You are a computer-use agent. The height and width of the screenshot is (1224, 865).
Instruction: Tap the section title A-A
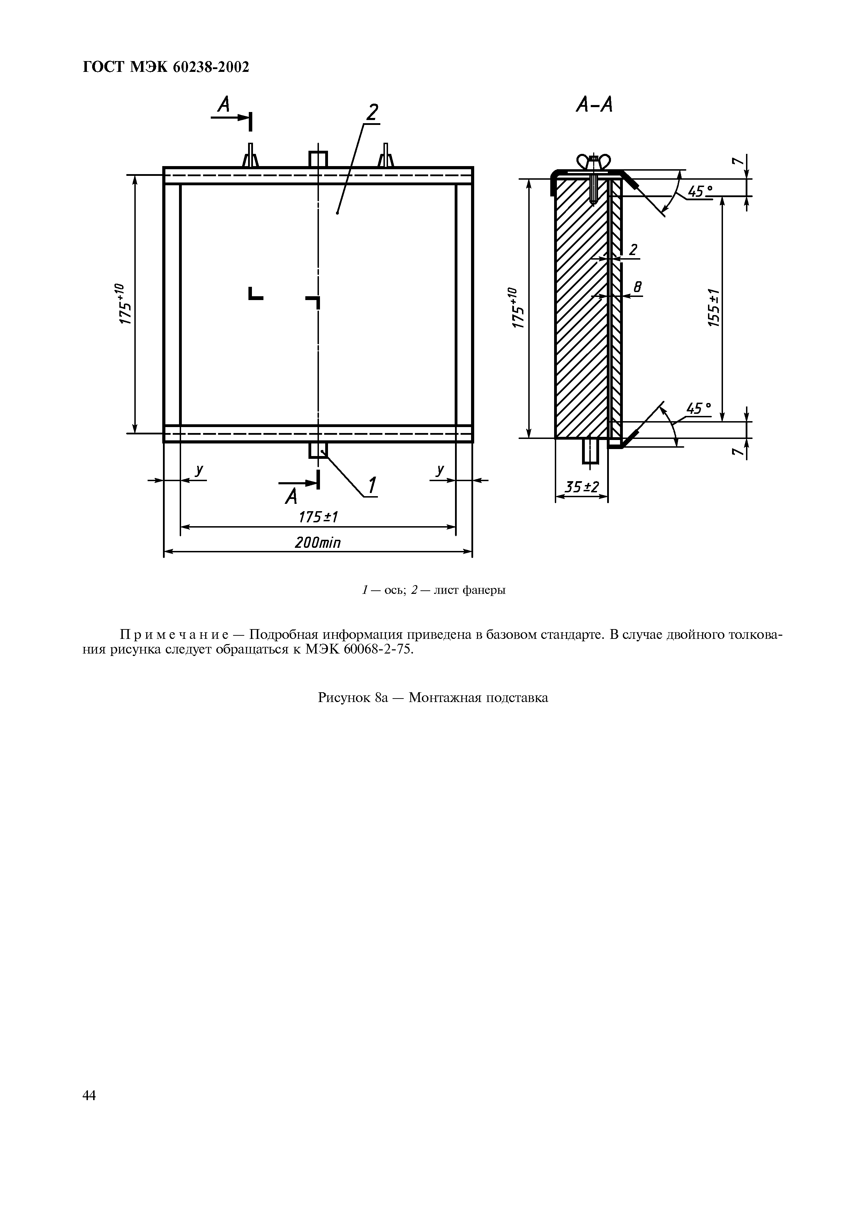click(x=594, y=106)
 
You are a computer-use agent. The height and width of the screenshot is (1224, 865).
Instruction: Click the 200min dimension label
click(x=317, y=543)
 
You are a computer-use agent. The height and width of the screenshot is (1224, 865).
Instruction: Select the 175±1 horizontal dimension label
click(x=318, y=517)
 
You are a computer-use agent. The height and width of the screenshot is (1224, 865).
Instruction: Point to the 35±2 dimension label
click(x=582, y=487)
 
